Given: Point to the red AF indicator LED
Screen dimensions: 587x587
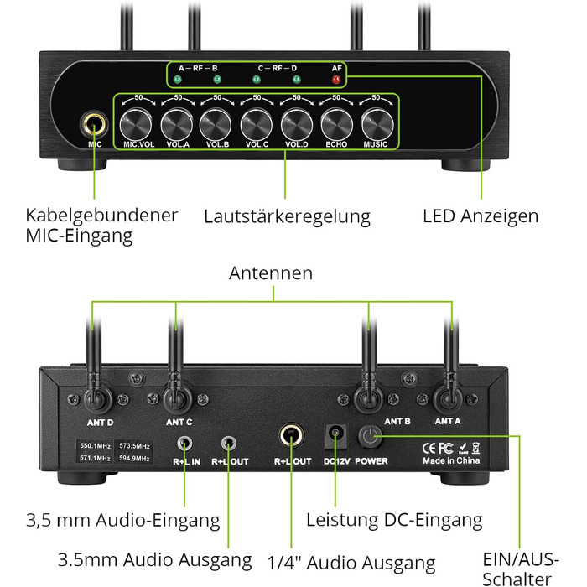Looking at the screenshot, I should (x=336, y=80).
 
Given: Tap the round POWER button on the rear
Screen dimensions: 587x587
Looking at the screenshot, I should (x=371, y=437).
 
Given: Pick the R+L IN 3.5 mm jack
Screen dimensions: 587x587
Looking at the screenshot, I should (x=185, y=443).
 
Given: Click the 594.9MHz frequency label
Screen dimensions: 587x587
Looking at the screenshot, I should (x=134, y=459).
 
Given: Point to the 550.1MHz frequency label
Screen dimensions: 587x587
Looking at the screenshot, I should (x=94, y=446).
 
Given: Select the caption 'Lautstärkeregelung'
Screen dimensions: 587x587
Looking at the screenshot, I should (x=287, y=216).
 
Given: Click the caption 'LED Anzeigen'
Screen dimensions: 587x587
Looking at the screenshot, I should (x=481, y=216).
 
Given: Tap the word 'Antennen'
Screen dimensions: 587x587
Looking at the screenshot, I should (x=272, y=273).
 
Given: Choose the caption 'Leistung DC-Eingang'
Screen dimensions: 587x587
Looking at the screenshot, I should (x=394, y=521).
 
